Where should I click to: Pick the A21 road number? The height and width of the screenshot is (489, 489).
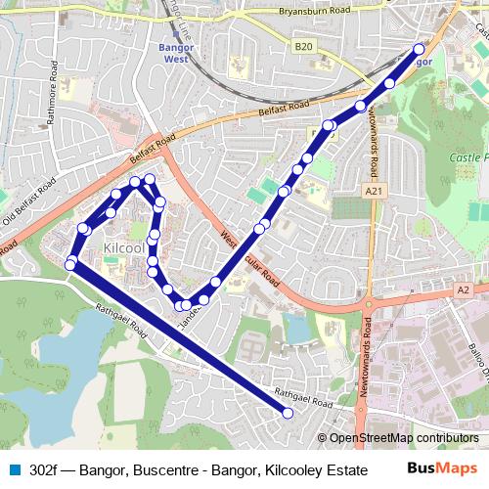coord(372,191)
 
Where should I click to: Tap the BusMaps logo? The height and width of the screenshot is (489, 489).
coord(438,468)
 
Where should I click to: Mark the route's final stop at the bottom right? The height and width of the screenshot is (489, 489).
coord(288,414)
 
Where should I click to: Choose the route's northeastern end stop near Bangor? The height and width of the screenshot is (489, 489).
coord(420,49)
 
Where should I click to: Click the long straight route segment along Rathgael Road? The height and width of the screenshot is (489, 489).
coord(176,337)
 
